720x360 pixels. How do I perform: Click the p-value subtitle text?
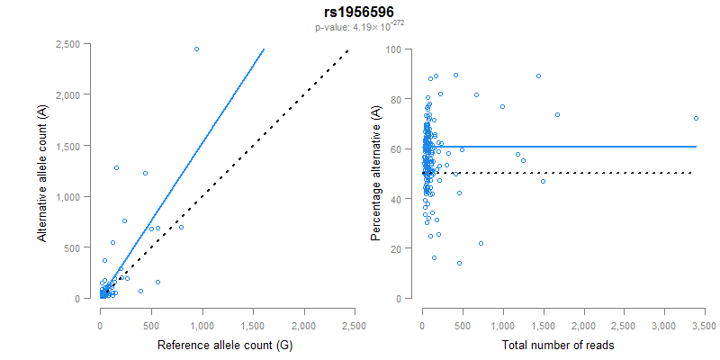[x=359, y=27]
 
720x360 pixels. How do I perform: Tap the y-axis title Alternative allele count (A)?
[x=42, y=173]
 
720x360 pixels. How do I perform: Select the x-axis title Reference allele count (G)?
[x=225, y=346]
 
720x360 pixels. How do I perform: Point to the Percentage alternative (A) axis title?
[x=376, y=173]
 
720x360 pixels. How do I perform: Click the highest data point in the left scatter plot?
[x=196, y=49]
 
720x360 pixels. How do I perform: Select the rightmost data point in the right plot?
[x=696, y=118]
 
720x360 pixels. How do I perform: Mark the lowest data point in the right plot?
[x=459, y=263]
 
